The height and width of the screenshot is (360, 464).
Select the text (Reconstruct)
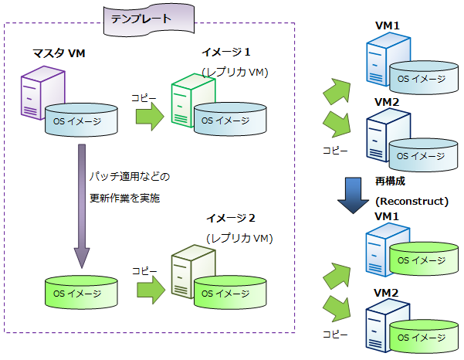click(x=412, y=201)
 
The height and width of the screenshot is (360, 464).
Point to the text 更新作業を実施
click(x=124, y=199)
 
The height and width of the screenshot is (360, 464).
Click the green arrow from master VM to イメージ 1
click(x=151, y=116)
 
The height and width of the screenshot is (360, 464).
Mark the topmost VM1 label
click(x=387, y=26)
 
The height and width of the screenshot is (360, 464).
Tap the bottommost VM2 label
click(x=387, y=293)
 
